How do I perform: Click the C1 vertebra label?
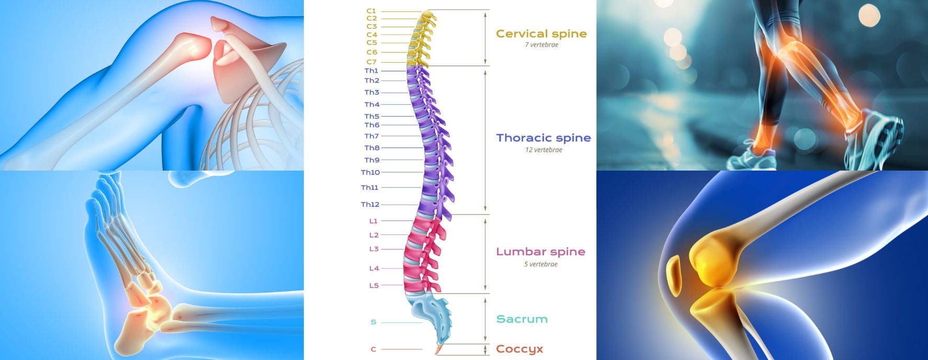(x=371, y=11)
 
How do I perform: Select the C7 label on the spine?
(x=371, y=62)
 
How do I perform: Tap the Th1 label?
(x=371, y=71)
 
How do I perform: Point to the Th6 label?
(x=372, y=125)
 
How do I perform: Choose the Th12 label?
(x=370, y=205)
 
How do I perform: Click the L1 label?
(x=374, y=221)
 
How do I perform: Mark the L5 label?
(x=374, y=286)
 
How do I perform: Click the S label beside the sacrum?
(x=373, y=322)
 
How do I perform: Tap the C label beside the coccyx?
(x=373, y=350)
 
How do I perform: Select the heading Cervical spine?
(x=541, y=34)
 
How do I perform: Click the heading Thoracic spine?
(x=544, y=138)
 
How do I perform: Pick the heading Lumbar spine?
(x=540, y=252)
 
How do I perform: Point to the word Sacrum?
(x=522, y=319)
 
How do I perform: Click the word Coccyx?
(x=519, y=349)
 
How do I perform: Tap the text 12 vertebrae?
(x=544, y=150)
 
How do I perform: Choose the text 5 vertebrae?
(x=540, y=264)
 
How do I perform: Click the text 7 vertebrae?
(x=541, y=45)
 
